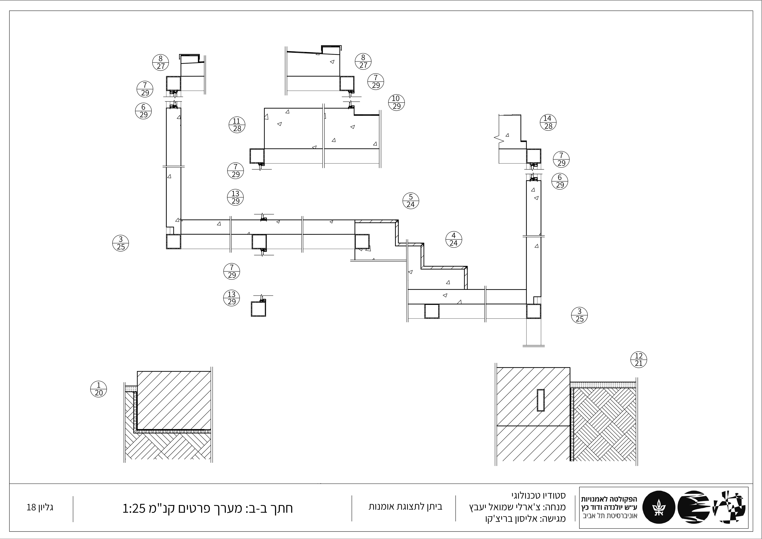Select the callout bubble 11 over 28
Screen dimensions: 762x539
coord(237,125)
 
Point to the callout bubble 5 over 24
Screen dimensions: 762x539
coord(411,201)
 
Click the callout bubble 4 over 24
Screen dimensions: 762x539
coord(454,240)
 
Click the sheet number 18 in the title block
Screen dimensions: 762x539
coord(31,507)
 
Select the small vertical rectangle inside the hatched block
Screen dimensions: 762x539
coord(541,400)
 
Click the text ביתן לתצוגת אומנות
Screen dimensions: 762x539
coord(405,506)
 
